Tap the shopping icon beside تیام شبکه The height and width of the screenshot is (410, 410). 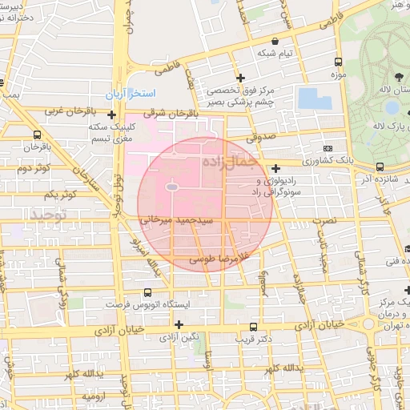click(x=275, y=41)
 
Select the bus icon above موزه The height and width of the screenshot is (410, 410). click(x=339, y=62)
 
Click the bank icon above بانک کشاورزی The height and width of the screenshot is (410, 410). click(x=328, y=148)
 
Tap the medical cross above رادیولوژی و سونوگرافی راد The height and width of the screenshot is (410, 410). click(x=275, y=168)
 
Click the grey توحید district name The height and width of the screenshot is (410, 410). click(x=50, y=215)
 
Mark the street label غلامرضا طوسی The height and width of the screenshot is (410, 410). click(x=219, y=259)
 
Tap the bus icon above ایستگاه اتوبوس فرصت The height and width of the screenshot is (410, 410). click(x=147, y=293)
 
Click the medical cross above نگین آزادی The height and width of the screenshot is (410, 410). click(x=179, y=324)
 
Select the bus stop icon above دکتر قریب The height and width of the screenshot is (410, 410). click(x=254, y=327)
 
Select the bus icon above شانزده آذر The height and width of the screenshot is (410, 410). click(x=379, y=167)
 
